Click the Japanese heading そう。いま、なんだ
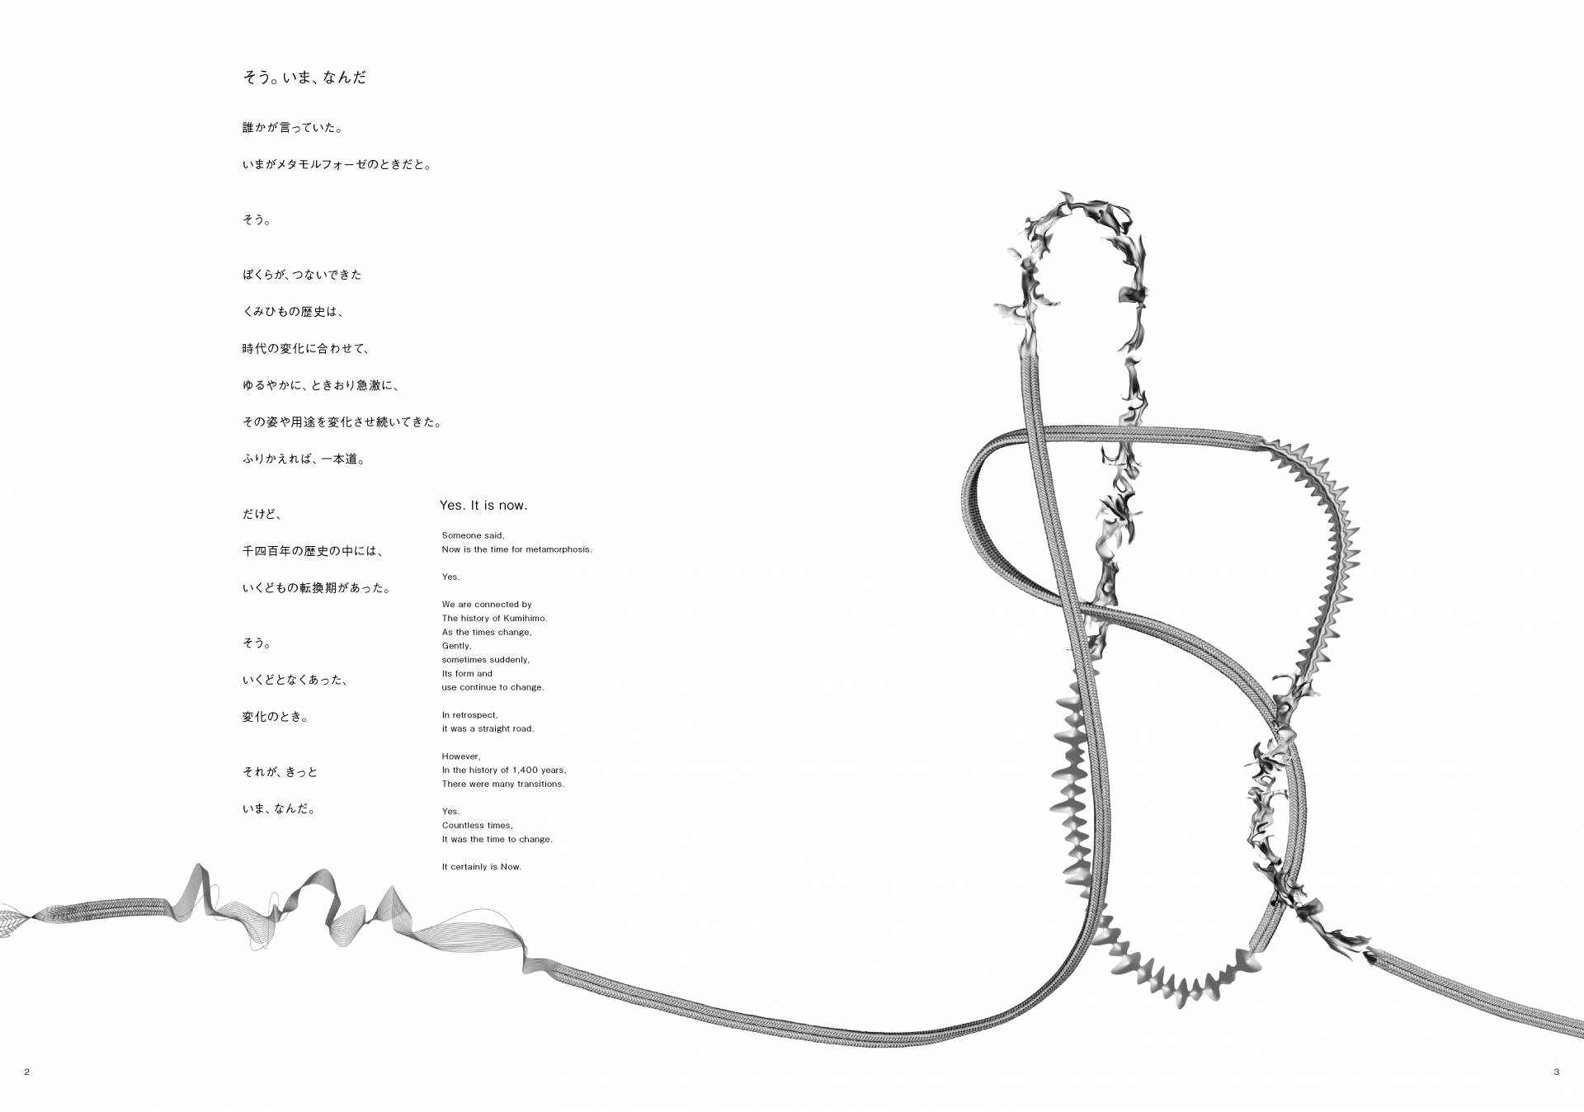pyautogui.click(x=304, y=78)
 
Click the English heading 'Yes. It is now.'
pyautogui.click(x=483, y=505)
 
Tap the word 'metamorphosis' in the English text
pyautogui.click(x=558, y=549)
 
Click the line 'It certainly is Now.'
pyautogui.click(x=482, y=867)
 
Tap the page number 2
pyautogui.click(x=27, y=1072)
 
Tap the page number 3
pyautogui.click(x=1556, y=1072)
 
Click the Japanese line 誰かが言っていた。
pyautogui.click(x=293, y=128)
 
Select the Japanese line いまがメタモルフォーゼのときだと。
pyautogui.click(x=337, y=165)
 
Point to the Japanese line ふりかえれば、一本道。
pyautogui.click(x=304, y=459)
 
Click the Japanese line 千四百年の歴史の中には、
pyautogui.click(x=313, y=551)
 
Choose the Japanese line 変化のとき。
pyautogui.click(x=276, y=718)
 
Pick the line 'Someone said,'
pyautogui.click(x=473, y=536)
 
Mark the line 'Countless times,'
pyautogui.click(x=477, y=826)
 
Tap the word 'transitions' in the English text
pyautogui.click(x=540, y=785)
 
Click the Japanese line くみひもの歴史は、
pyautogui.click(x=293, y=312)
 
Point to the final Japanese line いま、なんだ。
pyautogui.click(x=279, y=809)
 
